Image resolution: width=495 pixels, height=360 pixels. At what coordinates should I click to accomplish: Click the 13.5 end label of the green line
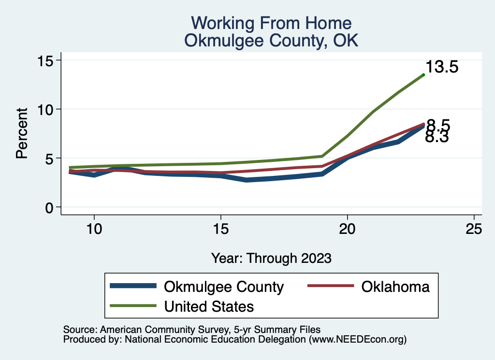442,67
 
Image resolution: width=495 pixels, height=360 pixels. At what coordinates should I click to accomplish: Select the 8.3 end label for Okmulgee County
437,137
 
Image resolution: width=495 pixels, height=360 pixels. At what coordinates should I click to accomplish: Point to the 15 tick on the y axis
47,60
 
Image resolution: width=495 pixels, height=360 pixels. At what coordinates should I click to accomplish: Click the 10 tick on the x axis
94,228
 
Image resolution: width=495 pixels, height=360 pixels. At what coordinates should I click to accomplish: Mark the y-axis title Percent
21,134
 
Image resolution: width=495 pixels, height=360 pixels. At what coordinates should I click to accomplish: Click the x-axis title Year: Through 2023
271,259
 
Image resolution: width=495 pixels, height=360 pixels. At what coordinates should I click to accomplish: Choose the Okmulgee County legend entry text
224,287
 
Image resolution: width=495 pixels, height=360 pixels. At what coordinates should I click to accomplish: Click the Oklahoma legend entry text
395,287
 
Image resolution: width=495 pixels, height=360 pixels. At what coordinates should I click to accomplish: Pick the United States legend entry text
209,306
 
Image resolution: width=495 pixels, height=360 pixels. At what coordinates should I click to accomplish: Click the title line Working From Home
271,23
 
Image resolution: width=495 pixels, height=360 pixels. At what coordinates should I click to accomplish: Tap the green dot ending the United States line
423,74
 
